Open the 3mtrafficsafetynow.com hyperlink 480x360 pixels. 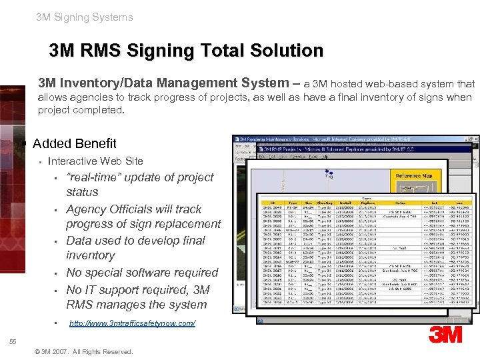pyautogui.click(x=132, y=323)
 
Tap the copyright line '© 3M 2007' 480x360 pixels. pyautogui.click(x=83, y=351)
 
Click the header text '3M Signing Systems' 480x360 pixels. pyautogui.click(x=85, y=17)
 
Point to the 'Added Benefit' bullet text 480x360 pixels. pyautogui.click(x=74, y=143)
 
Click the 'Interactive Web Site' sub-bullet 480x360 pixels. pyautogui.click(x=95, y=161)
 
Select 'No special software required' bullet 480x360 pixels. pyautogui.click(x=142, y=273)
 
